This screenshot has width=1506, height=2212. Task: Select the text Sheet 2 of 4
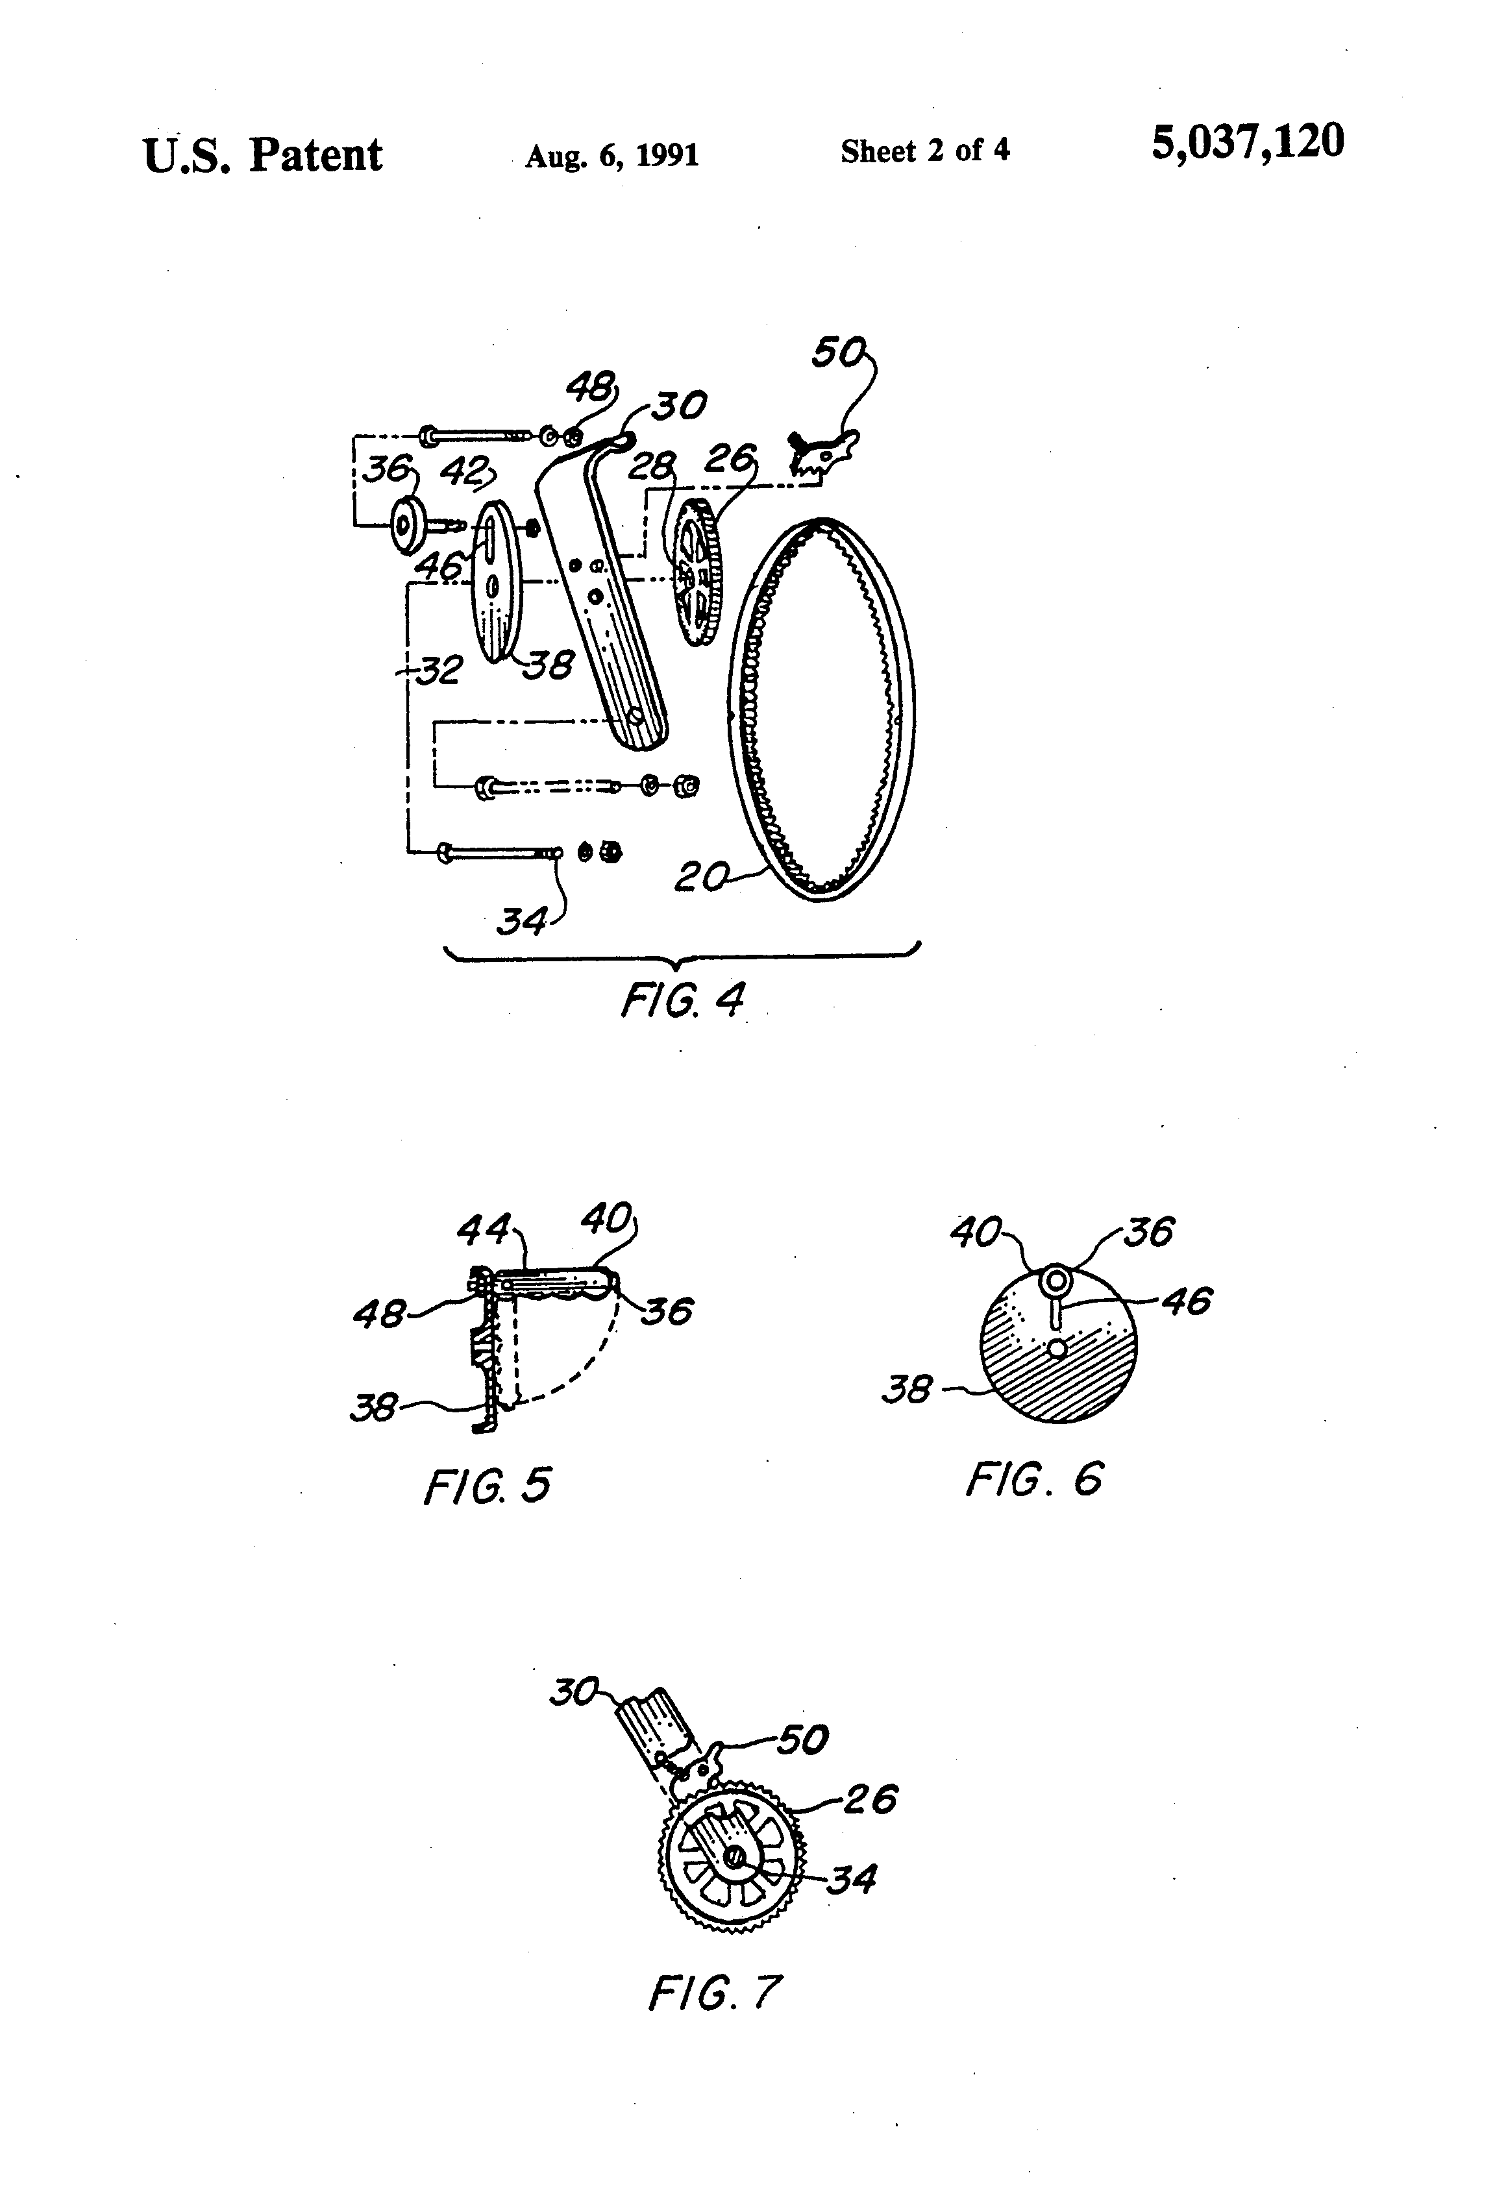click(x=924, y=151)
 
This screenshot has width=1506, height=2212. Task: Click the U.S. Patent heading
click(x=263, y=155)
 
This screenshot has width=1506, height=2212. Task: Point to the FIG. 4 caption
click(x=682, y=1000)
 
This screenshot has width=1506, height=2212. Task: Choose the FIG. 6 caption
click(x=1034, y=1479)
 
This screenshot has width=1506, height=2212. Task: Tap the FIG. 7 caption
click(x=715, y=1992)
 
